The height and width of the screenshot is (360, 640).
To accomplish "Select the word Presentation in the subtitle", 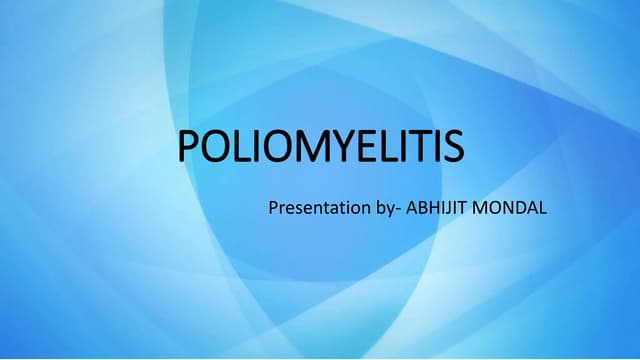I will click(312, 211).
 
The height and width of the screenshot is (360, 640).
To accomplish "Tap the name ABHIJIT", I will click(438, 211).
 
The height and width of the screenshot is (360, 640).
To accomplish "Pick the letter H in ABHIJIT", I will click(432, 211).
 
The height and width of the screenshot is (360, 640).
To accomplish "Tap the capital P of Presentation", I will click(272, 211).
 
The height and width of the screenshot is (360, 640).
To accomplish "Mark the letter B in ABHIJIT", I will click(420, 211).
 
